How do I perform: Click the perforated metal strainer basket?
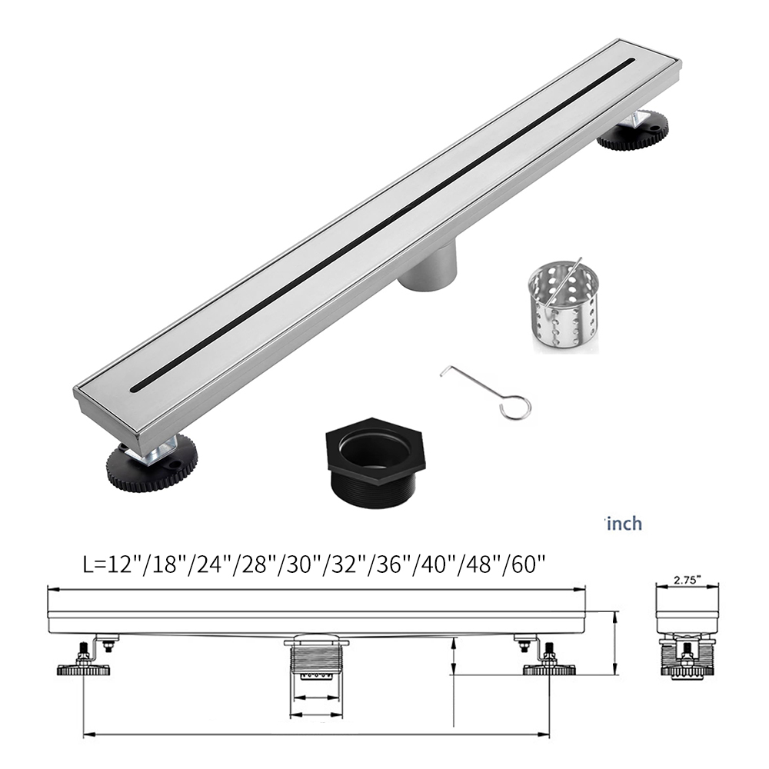coord(564,310)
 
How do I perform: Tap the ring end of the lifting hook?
coord(515,408)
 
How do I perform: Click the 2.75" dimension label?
coord(687,580)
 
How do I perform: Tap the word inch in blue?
coord(624,524)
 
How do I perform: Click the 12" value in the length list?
coord(120,565)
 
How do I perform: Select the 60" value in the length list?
coord(529,565)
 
